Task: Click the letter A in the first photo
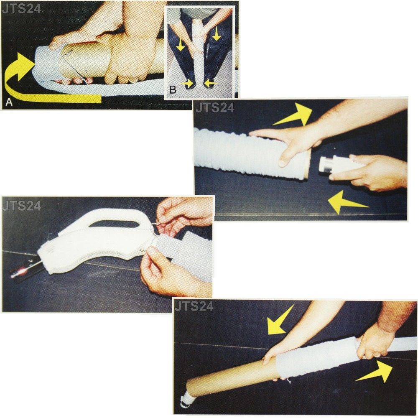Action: (x=9, y=102)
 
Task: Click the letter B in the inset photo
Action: (x=173, y=89)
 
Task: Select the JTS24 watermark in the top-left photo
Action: (x=21, y=9)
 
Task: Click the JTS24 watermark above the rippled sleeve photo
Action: (x=215, y=108)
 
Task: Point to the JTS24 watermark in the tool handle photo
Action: (x=21, y=206)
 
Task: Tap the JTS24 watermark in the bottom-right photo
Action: (x=194, y=306)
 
